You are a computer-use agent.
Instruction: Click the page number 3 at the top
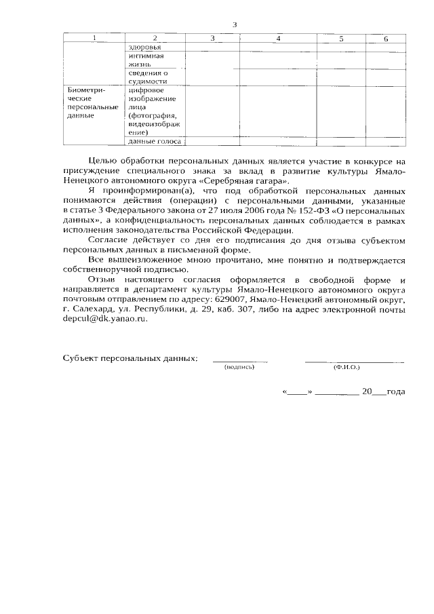235,25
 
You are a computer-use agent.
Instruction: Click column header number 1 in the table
94,39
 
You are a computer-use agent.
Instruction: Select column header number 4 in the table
278,39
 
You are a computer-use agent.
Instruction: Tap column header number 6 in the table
385,39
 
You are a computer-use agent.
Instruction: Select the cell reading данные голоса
151,141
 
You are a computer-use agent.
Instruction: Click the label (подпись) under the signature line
239,366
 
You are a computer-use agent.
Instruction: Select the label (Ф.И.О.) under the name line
346,366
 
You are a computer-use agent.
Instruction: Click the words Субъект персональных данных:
130,358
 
